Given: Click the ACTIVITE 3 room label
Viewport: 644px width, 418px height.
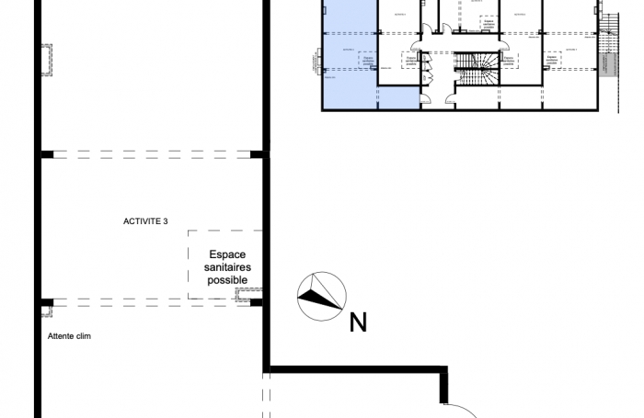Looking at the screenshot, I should [x=151, y=221].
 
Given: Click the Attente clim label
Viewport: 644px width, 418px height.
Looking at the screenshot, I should [x=69, y=336].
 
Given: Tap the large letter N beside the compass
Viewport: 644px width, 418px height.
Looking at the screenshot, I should [x=358, y=322].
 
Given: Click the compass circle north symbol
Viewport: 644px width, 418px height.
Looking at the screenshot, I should [x=321, y=296].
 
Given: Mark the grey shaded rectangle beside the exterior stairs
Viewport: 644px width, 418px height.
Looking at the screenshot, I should [x=605, y=63].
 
